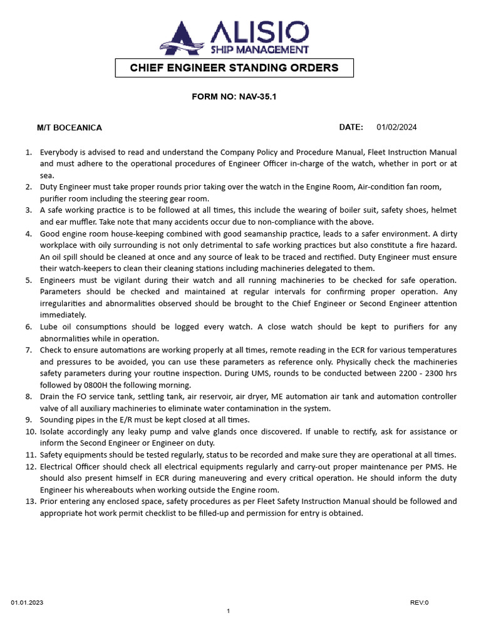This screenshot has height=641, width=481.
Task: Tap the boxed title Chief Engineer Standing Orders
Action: (x=234, y=68)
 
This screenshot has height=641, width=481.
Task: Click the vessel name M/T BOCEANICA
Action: (x=70, y=128)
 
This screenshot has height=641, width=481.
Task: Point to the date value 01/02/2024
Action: (x=396, y=127)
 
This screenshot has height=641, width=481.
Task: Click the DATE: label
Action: (x=351, y=127)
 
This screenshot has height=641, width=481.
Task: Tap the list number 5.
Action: (x=29, y=280)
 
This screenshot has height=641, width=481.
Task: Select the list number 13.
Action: (x=29, y=501)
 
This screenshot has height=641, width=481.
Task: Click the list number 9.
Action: (x=29, y=420)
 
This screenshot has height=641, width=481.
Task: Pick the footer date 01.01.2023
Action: (x=27, y=603)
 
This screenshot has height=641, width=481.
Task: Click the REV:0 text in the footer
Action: (x=419, y=603)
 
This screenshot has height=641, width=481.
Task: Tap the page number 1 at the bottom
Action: (x=229, y=611)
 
